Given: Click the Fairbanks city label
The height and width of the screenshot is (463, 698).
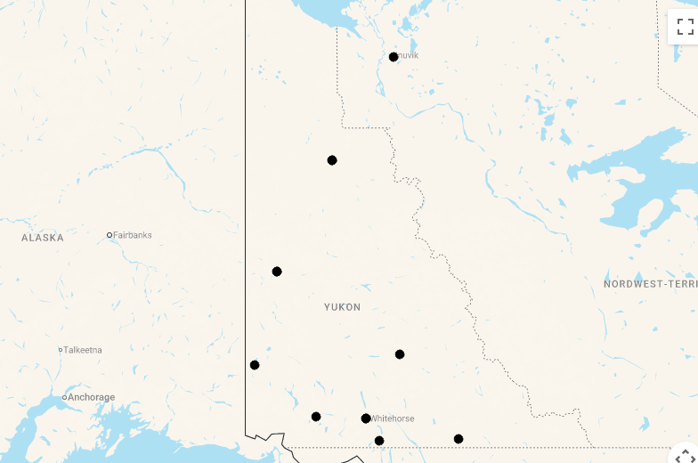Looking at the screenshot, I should pos(132,235).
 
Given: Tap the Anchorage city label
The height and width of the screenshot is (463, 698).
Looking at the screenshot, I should pos(91,397).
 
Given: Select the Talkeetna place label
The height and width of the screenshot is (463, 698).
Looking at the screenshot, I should pos(83,350).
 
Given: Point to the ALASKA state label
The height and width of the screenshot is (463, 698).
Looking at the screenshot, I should pos(43,238).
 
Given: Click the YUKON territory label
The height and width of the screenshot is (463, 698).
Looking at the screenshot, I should pos(343,307).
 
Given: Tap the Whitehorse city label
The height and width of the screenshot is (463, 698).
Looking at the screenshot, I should pos(393,418).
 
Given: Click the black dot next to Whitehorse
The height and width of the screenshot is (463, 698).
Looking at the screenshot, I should pos(366,418).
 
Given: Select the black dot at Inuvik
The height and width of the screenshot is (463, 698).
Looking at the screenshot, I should pos(394,57).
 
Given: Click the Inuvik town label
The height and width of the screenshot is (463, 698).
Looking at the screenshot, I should pos(407,55).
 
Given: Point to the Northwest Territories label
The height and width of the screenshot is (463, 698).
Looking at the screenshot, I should pos(650,284).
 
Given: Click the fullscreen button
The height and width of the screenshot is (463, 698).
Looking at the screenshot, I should pos(685,27).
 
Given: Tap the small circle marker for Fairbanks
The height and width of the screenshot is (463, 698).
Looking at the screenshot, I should pos(110,235).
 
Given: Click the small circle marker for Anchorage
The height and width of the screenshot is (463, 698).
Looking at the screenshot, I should pos(64,397).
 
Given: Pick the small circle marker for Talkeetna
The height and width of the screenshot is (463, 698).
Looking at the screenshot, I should pos(61,350).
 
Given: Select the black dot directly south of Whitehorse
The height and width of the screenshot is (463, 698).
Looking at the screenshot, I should pos(379,441).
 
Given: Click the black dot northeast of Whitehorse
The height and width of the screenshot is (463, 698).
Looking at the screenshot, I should pos(400,354).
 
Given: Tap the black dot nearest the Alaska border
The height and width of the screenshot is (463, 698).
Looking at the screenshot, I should pos(255,365).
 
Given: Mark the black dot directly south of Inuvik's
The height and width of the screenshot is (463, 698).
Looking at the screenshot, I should pos(332,160).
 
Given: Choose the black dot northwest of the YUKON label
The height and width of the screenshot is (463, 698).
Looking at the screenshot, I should pos(277,272).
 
